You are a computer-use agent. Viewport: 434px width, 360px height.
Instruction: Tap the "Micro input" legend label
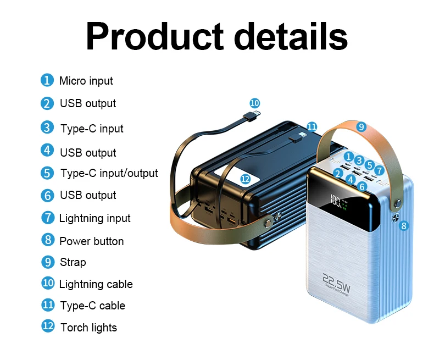86,81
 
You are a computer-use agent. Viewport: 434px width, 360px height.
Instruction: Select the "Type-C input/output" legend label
109,173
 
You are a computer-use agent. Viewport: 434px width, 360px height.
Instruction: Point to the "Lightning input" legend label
94,218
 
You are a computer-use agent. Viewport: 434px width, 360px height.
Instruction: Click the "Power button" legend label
91,241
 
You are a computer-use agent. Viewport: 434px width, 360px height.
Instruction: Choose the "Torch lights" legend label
88,328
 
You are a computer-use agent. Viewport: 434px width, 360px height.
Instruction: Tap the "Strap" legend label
73,262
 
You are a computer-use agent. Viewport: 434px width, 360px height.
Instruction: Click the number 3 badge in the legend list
47,127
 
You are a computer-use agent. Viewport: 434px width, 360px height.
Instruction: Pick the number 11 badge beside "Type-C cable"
48,304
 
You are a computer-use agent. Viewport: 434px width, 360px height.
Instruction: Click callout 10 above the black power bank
254,103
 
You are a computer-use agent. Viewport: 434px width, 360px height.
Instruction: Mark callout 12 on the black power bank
246,179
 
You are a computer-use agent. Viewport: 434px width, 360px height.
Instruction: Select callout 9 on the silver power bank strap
360,126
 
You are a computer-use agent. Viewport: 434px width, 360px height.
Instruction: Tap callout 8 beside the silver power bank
404,225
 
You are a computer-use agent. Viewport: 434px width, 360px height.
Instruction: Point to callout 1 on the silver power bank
348,156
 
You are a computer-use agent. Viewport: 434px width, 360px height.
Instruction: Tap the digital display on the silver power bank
338,203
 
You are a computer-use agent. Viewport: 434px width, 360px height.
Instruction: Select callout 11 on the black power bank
311,126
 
